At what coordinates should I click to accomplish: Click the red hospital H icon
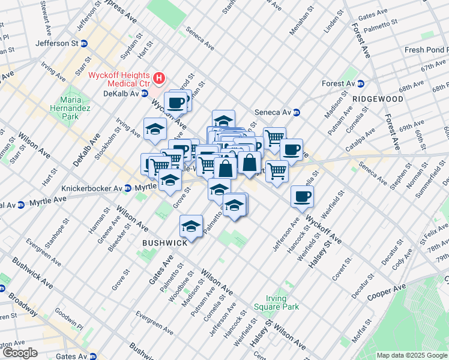coord(159,78)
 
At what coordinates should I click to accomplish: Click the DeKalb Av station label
coord(121,94)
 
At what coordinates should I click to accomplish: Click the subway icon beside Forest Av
coord(361,84)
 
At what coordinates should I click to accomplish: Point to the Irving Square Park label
coord(282,302)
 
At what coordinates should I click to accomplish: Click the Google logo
coord(19,353)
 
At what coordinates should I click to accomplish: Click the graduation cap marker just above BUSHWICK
coord(191,226)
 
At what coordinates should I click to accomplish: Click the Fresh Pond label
coord(427,50)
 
